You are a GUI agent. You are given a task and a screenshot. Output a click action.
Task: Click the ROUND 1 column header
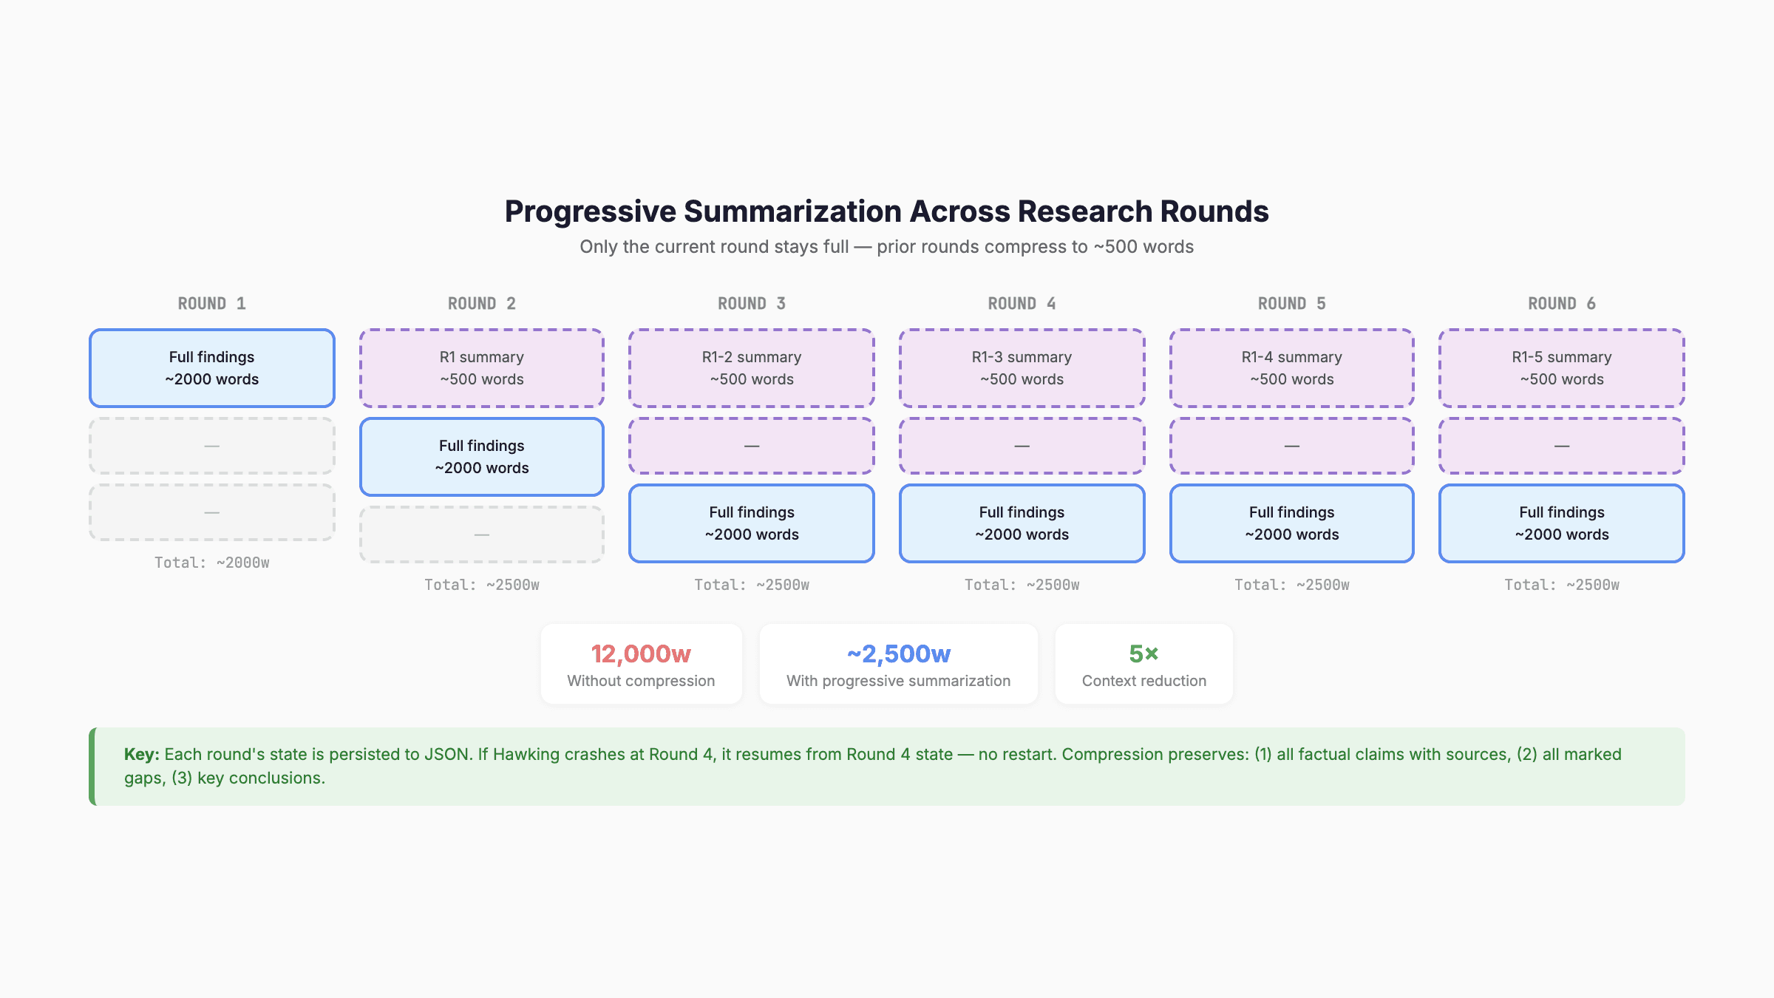tap(211, 304)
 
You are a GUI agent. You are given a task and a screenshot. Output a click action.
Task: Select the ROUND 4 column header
tap(1022, 304)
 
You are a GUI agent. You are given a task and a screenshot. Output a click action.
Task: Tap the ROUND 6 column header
tap(1561, 304)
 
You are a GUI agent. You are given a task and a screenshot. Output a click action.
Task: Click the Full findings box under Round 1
tap(212, 368)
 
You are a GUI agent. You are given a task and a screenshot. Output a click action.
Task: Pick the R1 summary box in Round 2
tap(482, 368)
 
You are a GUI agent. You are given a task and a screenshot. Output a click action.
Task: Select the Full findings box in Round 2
tap(482, 457)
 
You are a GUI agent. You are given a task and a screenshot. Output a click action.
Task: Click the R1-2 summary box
tap(752, 368)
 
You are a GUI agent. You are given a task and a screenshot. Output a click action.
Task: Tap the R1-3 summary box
tap(1022, 368)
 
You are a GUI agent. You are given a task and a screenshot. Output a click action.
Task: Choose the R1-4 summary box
tap(1291, 368)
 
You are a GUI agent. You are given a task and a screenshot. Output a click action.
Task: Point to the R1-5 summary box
tap(1561, 368)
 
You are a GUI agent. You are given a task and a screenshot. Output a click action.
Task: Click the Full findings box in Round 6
tap(1561, 523)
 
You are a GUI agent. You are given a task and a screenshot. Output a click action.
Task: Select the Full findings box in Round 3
tap(752, 523)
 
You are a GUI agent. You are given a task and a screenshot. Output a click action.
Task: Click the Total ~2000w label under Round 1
tap(212, 563)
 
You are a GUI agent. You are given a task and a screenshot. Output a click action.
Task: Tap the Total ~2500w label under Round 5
tap(1291, 585)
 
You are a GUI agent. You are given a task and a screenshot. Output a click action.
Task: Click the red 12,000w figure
tap(641, 654)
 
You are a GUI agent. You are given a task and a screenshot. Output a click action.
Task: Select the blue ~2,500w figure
tap(898, 654)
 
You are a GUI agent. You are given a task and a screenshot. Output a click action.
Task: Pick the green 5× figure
tap(1143, 654)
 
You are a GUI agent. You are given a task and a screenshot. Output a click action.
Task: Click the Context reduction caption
tap(1143, 681)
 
